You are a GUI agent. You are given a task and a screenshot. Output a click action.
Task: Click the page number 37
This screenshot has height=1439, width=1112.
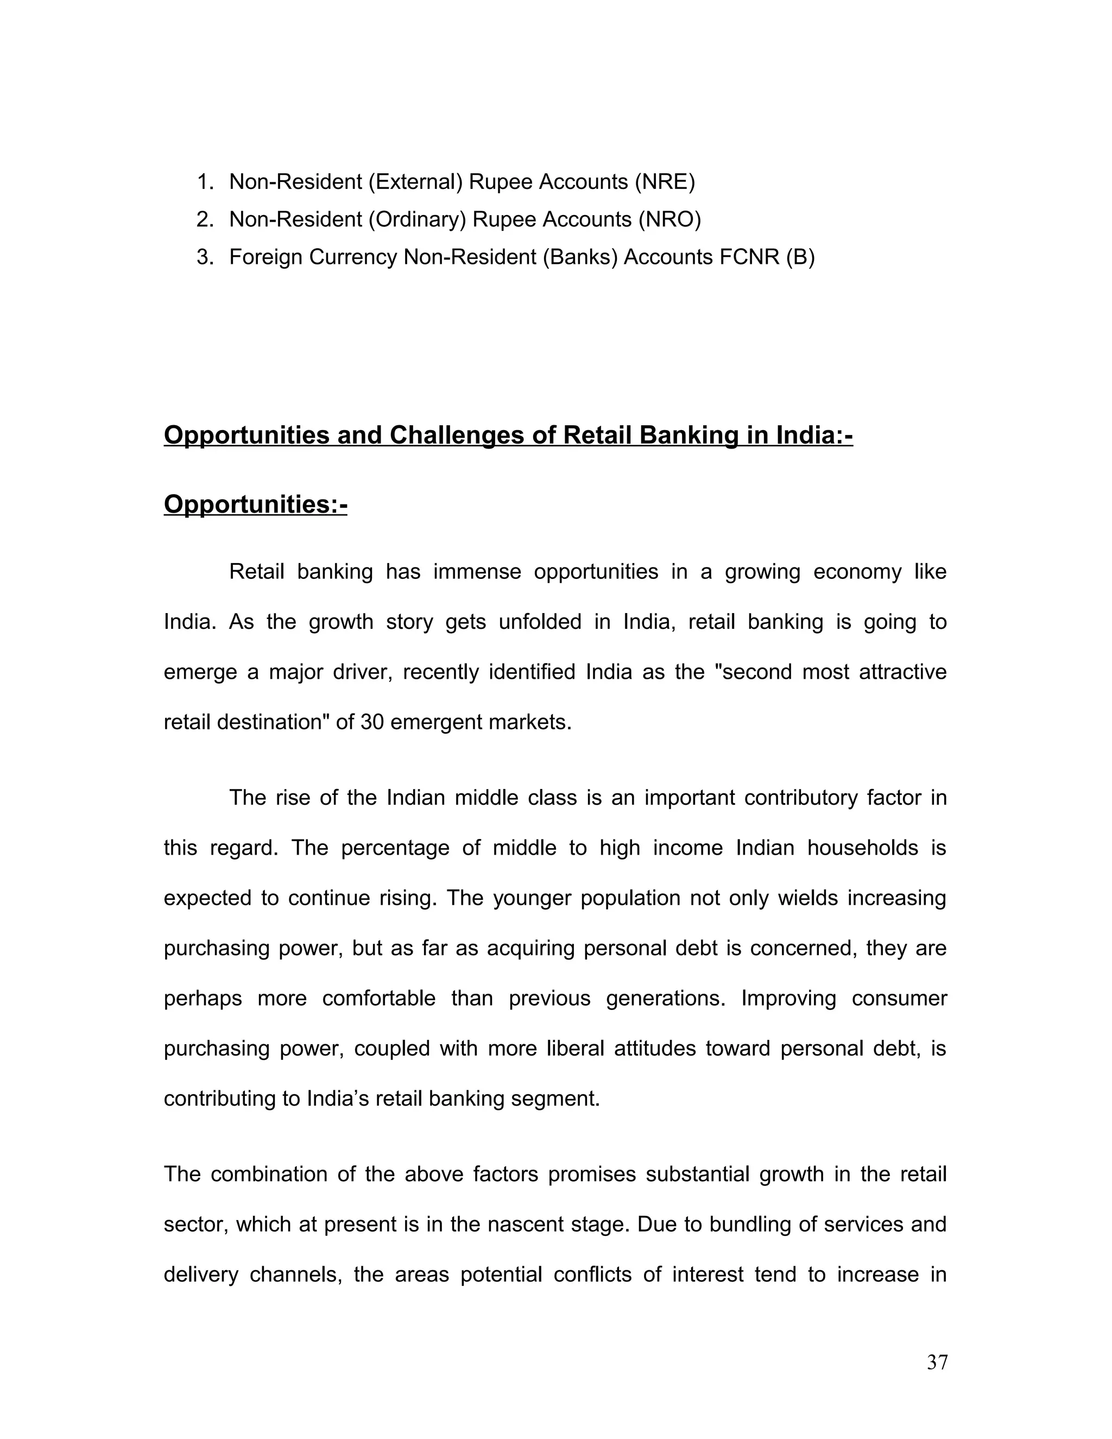[x=937, y=1362]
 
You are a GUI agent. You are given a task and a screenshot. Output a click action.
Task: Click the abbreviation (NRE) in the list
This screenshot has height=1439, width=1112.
[x=665, y=181]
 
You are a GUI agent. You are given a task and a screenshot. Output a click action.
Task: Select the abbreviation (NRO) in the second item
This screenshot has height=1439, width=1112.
[x=669, y=219]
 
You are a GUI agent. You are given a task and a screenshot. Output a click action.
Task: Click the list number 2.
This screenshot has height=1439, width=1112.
[x=205, y=219]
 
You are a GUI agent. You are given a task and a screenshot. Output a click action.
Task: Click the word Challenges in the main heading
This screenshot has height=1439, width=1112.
[x=457, y=435]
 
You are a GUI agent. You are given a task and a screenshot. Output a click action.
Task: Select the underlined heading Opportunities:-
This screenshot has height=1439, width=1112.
[x=256, y=504]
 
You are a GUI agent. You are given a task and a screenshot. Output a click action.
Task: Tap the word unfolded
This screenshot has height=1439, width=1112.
[x=540, y=621]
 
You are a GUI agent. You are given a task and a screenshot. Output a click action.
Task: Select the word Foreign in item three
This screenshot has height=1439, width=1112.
[x=266, y=256]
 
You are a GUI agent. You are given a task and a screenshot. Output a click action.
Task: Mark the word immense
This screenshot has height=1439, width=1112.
[x=477, y=571]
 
